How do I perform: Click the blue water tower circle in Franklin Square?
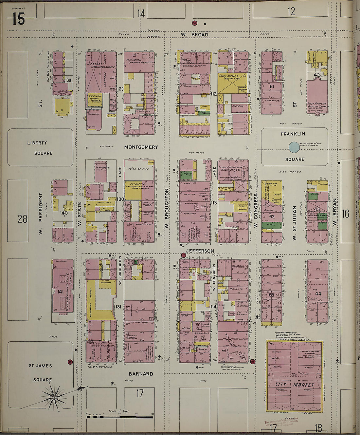click(x=294, y=147)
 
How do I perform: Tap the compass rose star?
click(x=54, y=397)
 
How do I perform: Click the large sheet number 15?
click(x=18, y=19)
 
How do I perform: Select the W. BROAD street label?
click(x=195, y=35)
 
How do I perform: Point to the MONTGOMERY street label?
click(x=141, y=147)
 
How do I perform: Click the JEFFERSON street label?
click(x=200, y=251)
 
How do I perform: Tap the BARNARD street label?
click(x=141, y=374)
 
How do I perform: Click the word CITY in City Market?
click(x=280, y=384)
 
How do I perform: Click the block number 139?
click(x=68, y=80)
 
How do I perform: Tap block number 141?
click(x=60, y=292)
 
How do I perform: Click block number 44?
click(x=318, y=294)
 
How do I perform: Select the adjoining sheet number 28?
click(x=22, y=218)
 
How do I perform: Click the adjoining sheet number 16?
click(x=346, y=214)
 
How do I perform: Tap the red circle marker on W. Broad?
click(x=195, y=23)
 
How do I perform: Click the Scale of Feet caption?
click(x=119, y=411)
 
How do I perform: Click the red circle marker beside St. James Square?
click(x=70, y=362)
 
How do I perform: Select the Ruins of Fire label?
click(x=139, y=169)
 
